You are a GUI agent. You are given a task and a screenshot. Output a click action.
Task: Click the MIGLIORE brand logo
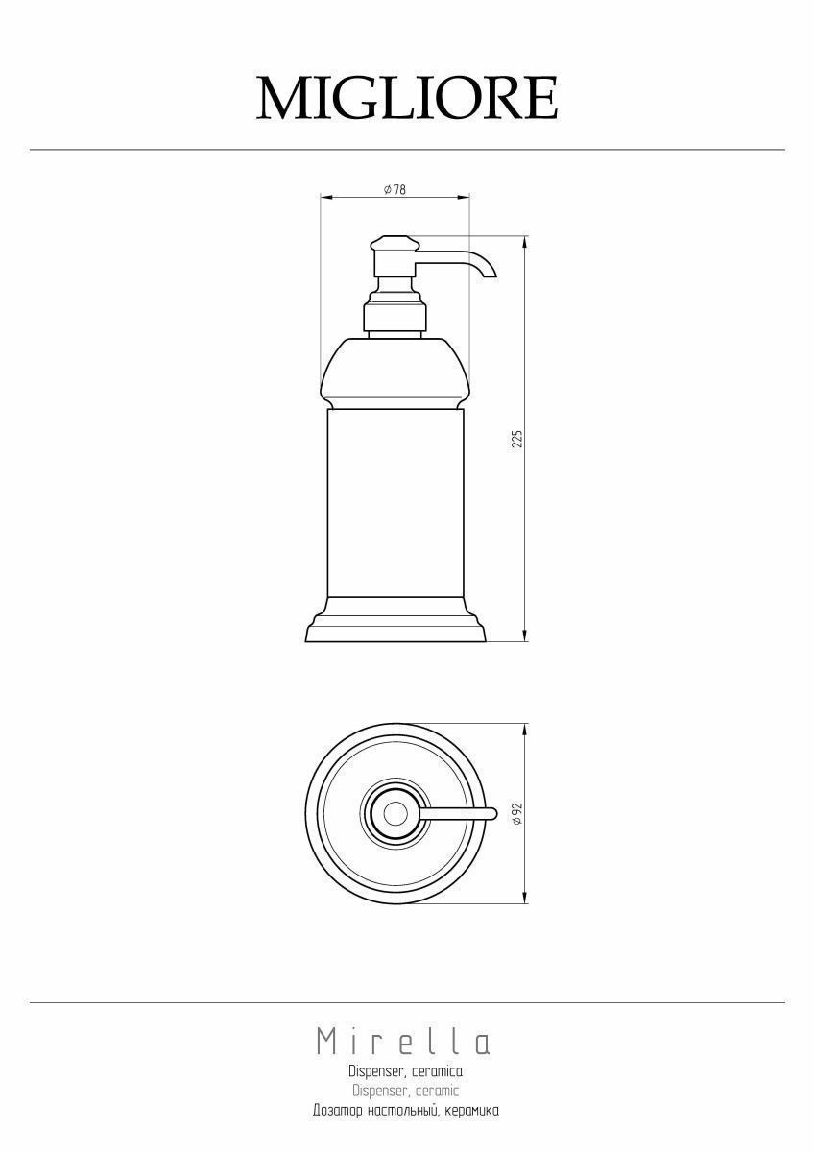click(407, 98)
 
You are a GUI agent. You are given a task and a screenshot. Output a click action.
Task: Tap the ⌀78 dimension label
click(395, 190)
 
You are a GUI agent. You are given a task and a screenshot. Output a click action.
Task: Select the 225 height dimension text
click(517, 439)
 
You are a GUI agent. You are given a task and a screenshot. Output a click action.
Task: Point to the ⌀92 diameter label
click(517, 814)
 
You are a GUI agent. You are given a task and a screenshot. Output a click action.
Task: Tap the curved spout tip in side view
click(490, 274)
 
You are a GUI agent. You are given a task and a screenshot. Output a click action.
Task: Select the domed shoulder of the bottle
click(395, 372)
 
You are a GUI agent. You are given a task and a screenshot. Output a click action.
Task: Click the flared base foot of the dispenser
click(395, 620)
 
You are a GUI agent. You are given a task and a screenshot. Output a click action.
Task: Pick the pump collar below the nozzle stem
click(395, 316)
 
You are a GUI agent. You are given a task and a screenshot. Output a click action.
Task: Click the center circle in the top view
click(395, 814)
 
